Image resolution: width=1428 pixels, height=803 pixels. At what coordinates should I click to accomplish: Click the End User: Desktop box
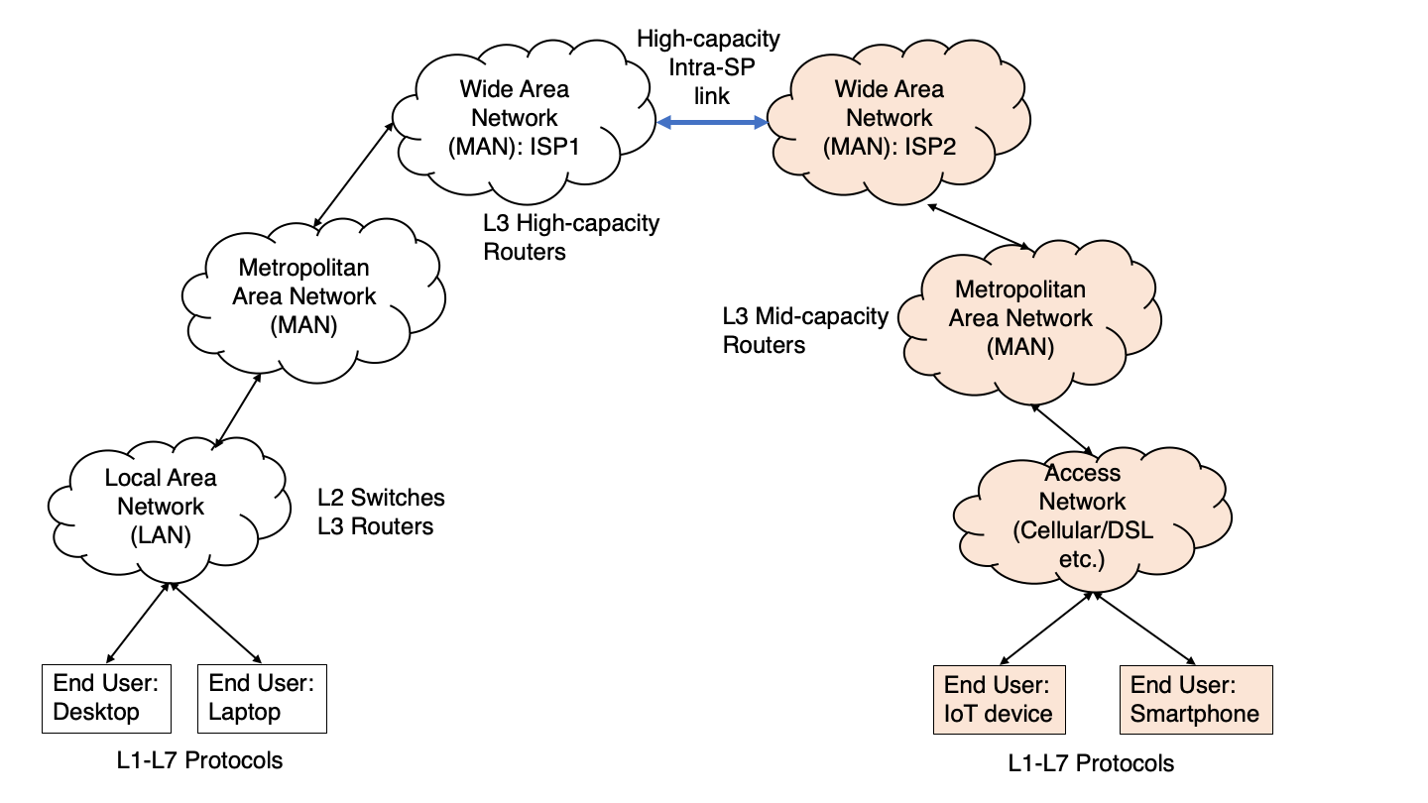[x=106, y=698]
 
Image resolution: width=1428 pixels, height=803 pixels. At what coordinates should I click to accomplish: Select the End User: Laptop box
[x=262, y=698]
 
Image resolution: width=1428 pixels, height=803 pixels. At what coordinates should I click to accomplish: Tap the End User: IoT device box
[x=998, y=700]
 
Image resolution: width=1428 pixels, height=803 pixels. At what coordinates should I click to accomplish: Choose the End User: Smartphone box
[x=1195, y=700]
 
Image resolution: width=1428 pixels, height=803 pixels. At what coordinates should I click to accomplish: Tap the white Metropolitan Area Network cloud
[x=304, y=296]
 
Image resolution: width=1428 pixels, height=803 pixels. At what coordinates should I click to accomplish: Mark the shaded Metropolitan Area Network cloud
[x=1020, y=319]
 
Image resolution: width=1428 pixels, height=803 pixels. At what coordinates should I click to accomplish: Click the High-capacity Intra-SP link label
[x=708, y=67]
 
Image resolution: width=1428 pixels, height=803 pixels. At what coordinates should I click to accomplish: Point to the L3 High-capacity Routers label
[x=570, y=237]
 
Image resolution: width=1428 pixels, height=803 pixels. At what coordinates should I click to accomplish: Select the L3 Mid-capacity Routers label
[x=804, y=331]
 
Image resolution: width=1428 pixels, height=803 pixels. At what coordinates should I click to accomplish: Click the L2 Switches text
[x=381, y=497]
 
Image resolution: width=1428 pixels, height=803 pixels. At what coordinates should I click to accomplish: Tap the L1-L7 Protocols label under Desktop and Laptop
[x=199, y=760]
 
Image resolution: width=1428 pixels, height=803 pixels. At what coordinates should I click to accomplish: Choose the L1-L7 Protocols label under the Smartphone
[x=1091, y=763]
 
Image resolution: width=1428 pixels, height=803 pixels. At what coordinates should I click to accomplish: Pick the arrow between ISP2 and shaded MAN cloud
[x=980, y=227]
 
